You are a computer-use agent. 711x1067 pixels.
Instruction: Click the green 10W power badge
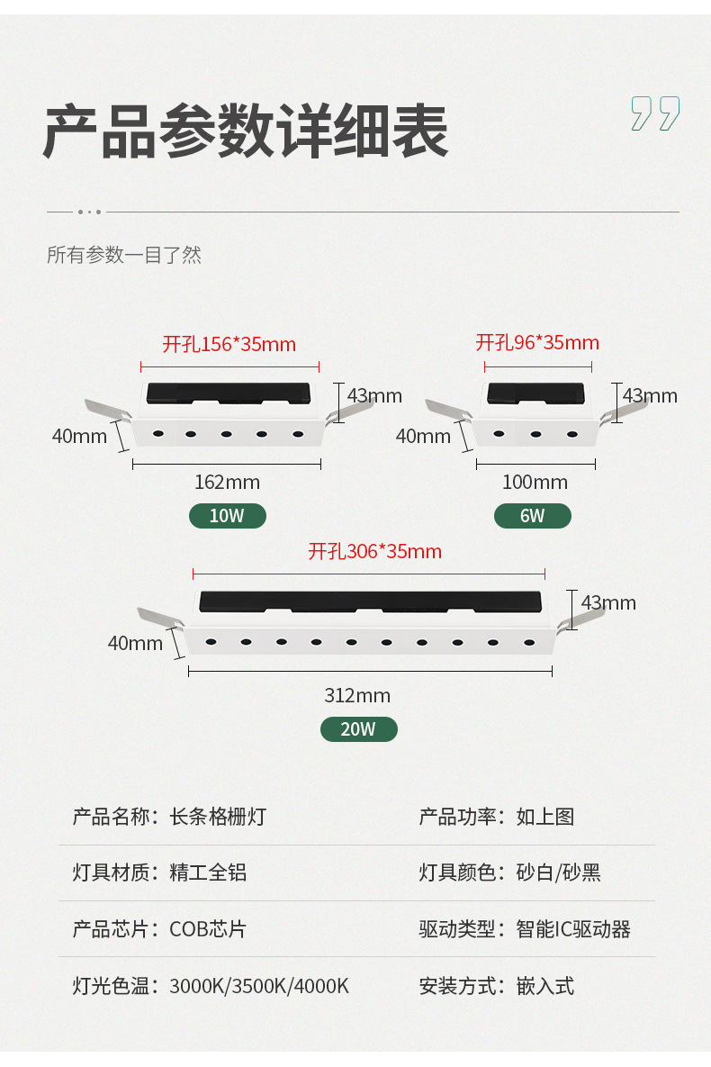(x=227, y=516)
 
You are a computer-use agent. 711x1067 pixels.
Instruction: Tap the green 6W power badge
(x=532, y=516)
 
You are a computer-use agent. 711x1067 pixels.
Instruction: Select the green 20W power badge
(x=358, y=729)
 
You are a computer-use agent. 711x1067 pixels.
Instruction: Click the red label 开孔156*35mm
(x=229, y=344)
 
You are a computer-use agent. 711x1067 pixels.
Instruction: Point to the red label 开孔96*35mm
(x=537, y=343)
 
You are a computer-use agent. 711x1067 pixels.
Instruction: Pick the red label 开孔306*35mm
(x=374, y=551)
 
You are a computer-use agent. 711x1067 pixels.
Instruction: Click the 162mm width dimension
(x=227, y=482)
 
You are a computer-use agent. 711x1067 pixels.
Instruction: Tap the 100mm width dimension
(x=535, y=482)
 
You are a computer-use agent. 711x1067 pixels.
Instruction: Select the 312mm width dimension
(x=357, y=695)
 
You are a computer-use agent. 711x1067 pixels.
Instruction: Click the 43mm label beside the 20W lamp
(x=608, y=602)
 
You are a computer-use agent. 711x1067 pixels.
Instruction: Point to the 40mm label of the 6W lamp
(x=423, y=436)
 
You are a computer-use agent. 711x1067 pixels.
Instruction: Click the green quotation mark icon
(x=654, y=113)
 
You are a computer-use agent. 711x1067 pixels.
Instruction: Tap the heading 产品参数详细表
(x=245, y=132)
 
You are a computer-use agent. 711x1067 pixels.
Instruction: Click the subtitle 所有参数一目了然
(x=124, y=255)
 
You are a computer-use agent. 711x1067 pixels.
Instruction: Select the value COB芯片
(x=208, y=929)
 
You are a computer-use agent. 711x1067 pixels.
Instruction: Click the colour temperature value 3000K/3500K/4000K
(x=259, y=986)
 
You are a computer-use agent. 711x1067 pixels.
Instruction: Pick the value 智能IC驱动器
(x=573, y=929)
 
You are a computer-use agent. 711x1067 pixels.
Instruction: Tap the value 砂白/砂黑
(x=558, y=873)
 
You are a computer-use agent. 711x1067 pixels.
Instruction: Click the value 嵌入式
(x=544, y=986)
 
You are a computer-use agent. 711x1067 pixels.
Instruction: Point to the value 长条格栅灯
(x=218, y=817)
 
